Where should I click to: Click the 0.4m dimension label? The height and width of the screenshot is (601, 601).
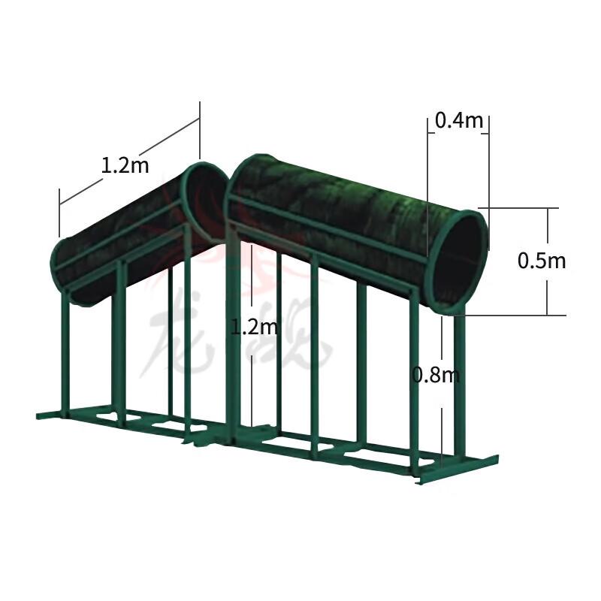pos(458,120)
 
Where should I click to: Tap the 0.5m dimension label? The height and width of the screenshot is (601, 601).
pos(542,261)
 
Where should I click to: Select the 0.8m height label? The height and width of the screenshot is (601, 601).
pos(435,373)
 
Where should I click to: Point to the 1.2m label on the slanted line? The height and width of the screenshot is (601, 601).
pos(125,165)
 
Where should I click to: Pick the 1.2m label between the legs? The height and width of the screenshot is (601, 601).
pos(254,327)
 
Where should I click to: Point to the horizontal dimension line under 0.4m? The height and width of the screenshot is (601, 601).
pos(458,134)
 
